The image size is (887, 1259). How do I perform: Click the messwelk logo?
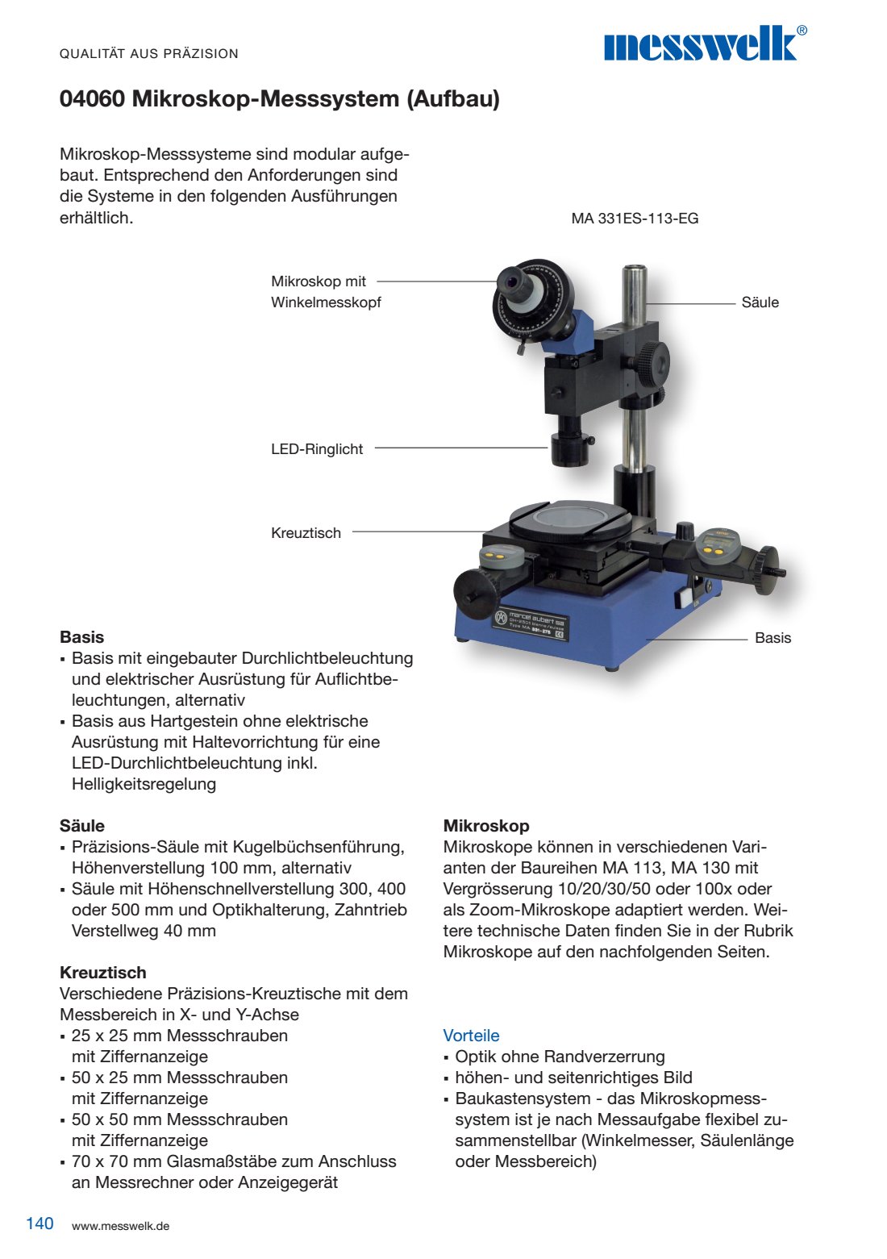pos(700,45)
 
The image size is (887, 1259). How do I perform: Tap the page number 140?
pos(40,1224)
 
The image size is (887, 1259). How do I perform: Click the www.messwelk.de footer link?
pos(120,1226)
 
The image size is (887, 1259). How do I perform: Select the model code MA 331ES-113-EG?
pos(635,219)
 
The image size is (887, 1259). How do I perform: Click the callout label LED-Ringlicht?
pos(317,449)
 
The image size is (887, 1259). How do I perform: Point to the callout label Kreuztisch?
pos(306,533)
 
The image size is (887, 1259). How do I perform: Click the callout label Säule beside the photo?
pos(760,302)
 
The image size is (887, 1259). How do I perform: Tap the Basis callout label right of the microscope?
pos(772,638)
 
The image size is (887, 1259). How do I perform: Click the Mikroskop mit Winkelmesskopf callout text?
pos(326,292)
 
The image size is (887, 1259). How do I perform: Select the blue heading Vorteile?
pos(471,1036)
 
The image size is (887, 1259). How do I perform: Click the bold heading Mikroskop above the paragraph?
pos(486,826)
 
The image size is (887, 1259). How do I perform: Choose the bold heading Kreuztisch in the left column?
pos(103,973)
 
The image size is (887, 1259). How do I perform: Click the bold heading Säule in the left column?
pos(82,826)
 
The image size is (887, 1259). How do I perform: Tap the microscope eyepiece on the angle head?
pos(511,282)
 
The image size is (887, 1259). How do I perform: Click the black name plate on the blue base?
pos(531,623)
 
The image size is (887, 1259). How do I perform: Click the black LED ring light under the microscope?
pos(570,449)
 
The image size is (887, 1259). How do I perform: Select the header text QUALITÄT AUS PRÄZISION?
pos(149,54)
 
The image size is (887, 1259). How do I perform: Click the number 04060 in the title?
pos(92,99)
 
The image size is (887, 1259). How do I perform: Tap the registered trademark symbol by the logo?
pos(801,31)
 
